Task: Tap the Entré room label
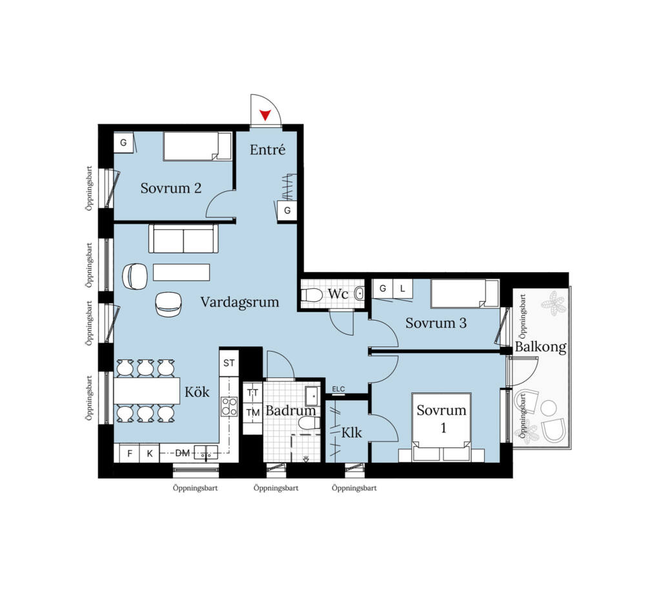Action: [x=267, y=149]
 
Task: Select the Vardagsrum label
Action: [x=239, y=302]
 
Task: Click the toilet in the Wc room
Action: [x=312, y=294]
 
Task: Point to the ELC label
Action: [x=338, y=389]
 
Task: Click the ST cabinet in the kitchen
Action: [x=229, y=363]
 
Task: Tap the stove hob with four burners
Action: [x=229, y=407]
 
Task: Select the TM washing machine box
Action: [x=252, y=412]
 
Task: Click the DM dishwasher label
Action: [x=182, y=453]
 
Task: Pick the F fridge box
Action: [x=130, y=454]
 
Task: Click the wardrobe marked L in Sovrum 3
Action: [x=403, y=288]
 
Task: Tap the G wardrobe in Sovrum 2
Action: [x=123, y=143]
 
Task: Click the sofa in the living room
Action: [x=183, y=239]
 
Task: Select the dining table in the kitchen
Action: [x=147, y=391]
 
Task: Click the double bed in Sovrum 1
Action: [x=442, y=427]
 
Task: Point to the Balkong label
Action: [x=540, y=347]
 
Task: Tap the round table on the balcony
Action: [x=549, y=408]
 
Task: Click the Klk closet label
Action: [x=352, y=433]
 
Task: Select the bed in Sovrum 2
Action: [x=198, y=147]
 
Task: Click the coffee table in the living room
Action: [x=181, y=272]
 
